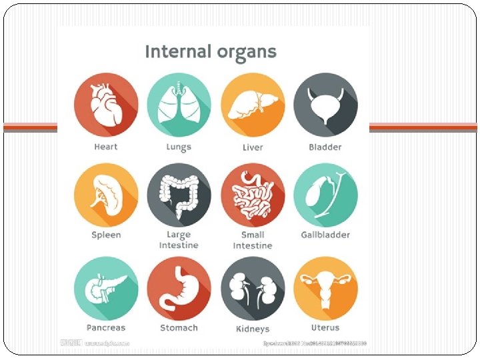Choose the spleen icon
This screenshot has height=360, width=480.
106,195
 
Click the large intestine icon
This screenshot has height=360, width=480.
179,195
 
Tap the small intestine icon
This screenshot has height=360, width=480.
253,195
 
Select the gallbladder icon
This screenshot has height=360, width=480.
325,195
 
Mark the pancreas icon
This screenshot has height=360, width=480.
106,288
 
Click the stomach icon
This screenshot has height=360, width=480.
179,288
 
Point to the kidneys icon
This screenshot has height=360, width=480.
253,288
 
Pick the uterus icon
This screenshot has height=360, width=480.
325,288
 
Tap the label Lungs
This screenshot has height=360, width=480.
179,147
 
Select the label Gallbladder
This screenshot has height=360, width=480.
325,235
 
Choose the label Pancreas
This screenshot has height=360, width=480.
106,328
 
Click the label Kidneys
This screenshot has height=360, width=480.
253,329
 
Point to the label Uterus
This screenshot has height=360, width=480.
325,328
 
